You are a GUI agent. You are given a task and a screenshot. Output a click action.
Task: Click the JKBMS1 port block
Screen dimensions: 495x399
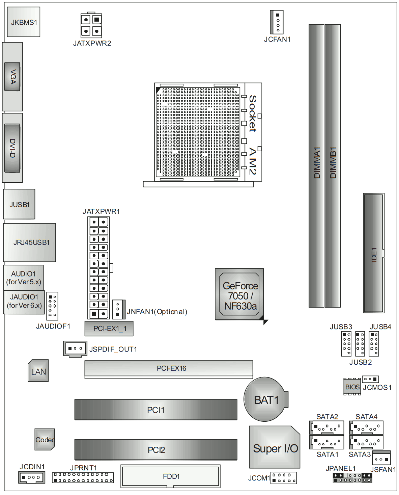23,22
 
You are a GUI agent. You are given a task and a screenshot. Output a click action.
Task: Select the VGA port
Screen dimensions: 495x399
12,77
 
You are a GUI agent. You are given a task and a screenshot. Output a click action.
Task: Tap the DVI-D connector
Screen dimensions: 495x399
12,148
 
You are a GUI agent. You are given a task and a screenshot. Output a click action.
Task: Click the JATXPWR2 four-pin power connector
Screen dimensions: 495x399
91,25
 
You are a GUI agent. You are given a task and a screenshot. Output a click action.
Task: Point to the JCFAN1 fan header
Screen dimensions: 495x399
277,22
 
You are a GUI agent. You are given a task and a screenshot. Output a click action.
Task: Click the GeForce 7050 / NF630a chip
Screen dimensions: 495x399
239,294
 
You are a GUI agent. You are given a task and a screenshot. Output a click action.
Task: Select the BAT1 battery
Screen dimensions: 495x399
266,399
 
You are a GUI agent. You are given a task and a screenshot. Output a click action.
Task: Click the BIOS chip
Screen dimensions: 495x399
352,387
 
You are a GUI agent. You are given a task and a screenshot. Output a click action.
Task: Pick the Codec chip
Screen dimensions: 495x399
45,439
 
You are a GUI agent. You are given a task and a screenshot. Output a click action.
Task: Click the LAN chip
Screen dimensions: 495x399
38,371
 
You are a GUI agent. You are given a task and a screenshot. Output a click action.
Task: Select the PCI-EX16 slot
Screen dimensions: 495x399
169,368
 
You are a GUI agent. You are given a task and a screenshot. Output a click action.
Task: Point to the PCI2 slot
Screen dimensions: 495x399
156,450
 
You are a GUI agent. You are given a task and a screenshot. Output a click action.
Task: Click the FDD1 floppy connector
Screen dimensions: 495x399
171,476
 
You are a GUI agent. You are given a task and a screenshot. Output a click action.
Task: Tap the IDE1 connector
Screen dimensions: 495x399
373,253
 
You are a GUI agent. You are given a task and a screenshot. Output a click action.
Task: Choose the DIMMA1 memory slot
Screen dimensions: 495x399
316,165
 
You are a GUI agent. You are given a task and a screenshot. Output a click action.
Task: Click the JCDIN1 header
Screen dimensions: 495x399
31,477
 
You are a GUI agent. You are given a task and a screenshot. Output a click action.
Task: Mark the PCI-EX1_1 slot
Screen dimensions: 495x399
109,328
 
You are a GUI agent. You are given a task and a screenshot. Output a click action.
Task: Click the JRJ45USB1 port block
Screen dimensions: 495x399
30,242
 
